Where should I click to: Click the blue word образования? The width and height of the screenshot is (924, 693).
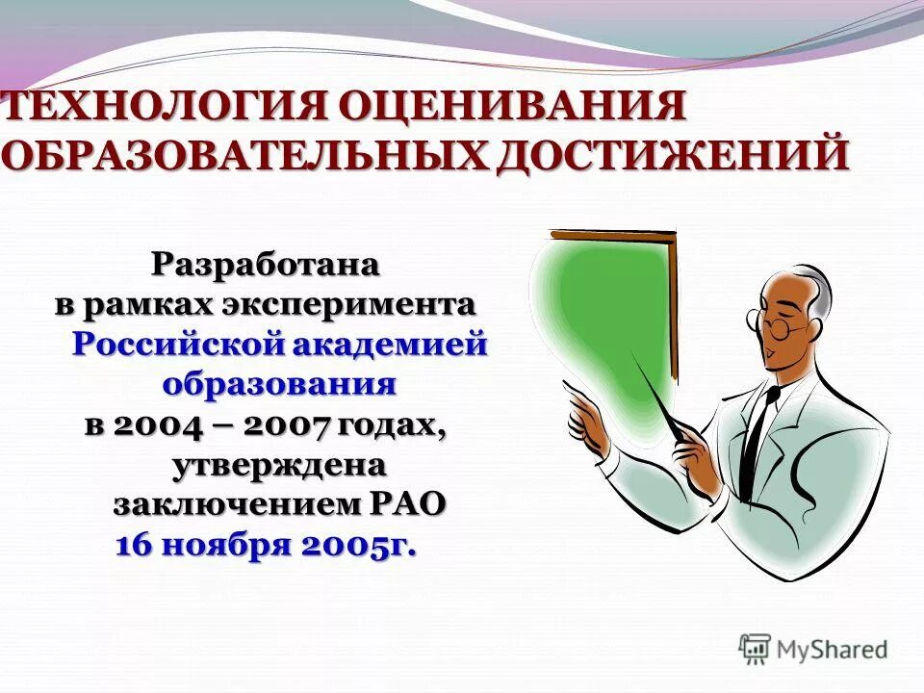279,385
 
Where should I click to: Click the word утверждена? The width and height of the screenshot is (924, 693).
279,466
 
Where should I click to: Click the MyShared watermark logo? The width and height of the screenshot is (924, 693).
813,649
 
